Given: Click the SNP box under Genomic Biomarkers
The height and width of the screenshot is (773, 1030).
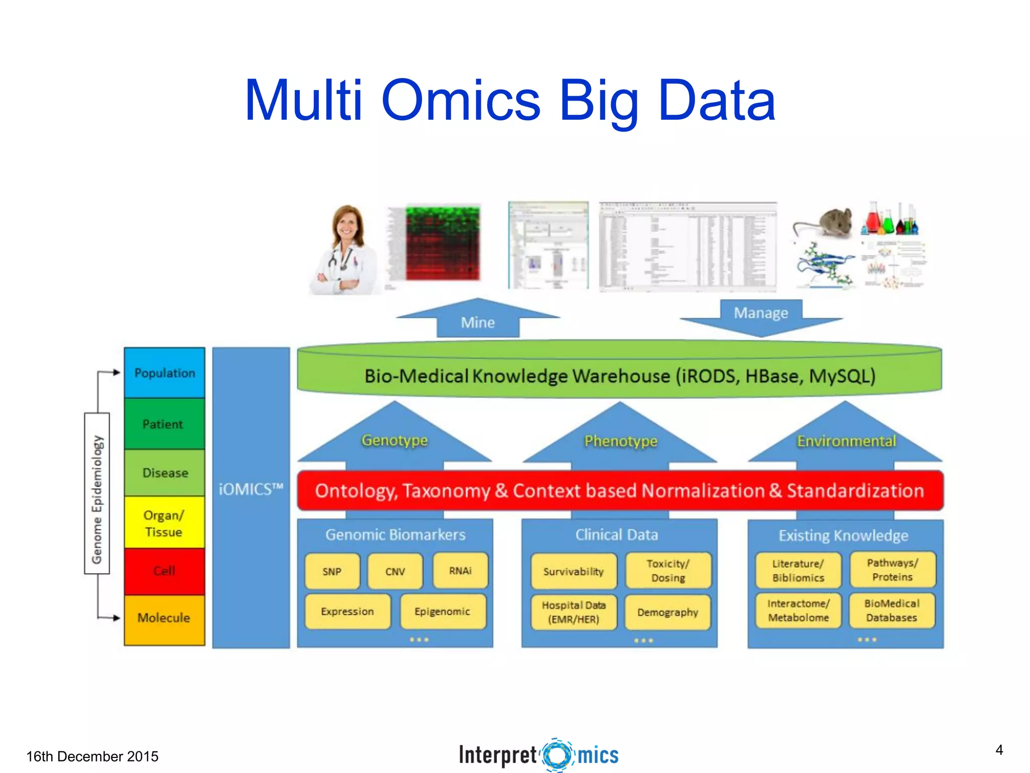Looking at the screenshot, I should (332, 571).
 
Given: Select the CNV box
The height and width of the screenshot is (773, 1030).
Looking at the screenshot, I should (395, 571).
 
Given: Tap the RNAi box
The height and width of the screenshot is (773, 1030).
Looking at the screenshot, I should (460, 571).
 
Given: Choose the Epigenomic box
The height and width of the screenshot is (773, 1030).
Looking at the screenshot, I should (443, 611).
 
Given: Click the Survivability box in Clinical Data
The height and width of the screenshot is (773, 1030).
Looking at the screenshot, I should (573, 571).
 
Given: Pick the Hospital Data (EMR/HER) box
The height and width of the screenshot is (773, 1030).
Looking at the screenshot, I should (573, 612).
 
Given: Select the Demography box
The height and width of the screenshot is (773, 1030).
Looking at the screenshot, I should (667, 612).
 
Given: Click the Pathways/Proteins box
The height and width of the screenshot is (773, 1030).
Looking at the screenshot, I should (892, 570).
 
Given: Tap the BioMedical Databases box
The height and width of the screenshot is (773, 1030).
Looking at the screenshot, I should (892, 610).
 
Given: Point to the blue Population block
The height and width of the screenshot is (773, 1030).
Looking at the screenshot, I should (164, 373).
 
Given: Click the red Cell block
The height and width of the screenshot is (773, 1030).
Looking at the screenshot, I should (164, 571).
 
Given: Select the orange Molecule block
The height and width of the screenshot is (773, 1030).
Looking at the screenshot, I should (164, 618).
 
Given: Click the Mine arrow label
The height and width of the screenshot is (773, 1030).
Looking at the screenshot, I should (478, 322).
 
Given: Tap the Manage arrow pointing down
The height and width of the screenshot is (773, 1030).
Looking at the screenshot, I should (761, 315).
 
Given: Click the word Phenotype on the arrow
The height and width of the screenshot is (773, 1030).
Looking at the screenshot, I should (621, 441).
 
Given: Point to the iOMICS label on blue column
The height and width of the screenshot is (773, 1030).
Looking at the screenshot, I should (250, 489).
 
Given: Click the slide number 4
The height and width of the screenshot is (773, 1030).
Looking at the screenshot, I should (999, 750).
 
